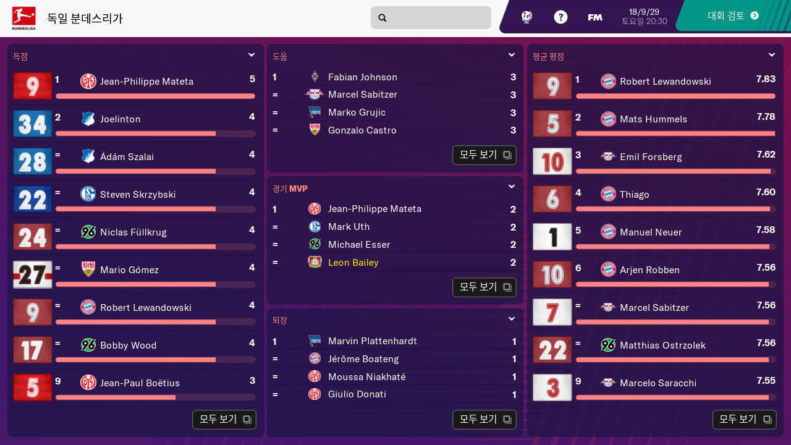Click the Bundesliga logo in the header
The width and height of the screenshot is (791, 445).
pos(23,18)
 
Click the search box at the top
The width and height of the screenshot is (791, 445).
pos(431,18)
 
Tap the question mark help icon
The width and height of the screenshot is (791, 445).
pos(560,17)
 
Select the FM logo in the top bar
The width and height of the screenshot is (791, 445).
pos(595,17)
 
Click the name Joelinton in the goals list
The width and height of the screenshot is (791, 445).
pos(120,119)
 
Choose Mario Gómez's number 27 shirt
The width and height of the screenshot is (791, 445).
pos(32,274)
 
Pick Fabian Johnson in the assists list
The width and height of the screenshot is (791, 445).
pos(362,77)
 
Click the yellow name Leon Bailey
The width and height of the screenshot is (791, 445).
pos(353,263)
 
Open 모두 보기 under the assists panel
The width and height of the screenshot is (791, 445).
pos(484,155)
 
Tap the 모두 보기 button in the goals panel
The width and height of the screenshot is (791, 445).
pos(224,420)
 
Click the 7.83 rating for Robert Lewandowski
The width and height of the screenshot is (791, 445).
pos(765,79)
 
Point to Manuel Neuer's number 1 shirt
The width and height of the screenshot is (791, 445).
pos(552,237)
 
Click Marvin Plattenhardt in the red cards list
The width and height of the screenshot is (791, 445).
pos(372,341)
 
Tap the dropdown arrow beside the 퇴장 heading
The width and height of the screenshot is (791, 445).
pos(512,319)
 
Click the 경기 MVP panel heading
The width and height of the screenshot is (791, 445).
pos(290,189)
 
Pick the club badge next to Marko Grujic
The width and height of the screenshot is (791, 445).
pos(315,112)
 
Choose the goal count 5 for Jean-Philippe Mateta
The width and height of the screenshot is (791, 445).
pos(252,79)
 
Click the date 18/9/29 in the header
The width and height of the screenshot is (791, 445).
pos(644,12)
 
